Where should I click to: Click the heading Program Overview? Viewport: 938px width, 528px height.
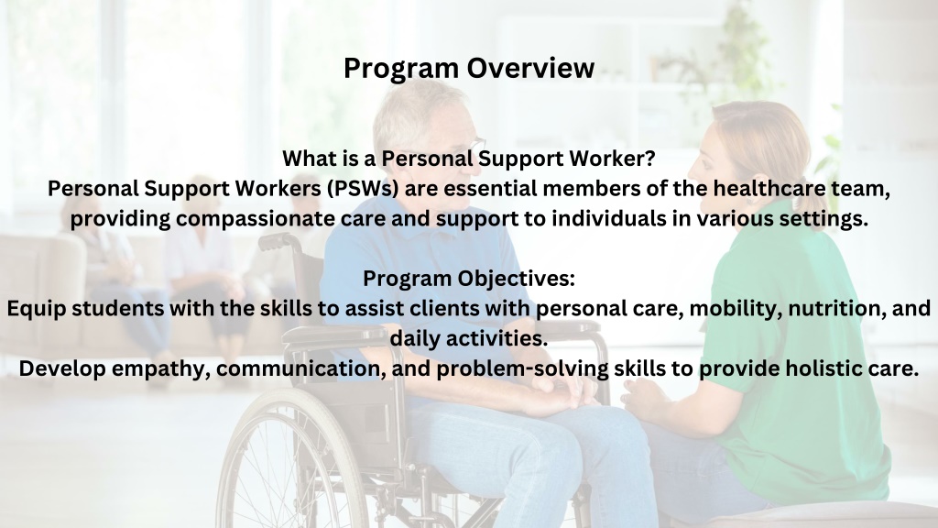coord(469,68)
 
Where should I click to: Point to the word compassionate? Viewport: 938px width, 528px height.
coord(256,218)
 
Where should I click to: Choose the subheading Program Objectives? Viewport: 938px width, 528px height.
coord(469,279)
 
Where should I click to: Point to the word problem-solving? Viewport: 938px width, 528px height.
coord(522,368)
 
